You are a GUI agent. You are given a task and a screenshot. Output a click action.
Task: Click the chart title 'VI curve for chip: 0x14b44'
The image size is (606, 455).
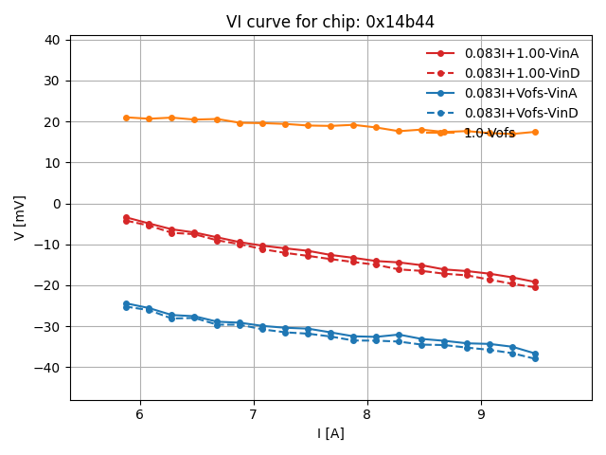point(330,22)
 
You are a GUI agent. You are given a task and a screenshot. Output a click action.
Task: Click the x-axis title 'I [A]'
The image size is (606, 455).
point(330,433)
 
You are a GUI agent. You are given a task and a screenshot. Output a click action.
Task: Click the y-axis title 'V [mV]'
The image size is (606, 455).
point(20,218)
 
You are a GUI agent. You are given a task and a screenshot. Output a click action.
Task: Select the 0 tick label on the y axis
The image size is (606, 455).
point(57,204)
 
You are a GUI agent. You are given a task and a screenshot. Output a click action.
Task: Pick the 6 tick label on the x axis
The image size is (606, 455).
point(140,414)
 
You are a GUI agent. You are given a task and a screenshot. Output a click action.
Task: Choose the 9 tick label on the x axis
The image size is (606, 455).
point(481,414)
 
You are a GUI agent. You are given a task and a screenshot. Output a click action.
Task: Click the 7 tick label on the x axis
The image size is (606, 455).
point(254,414)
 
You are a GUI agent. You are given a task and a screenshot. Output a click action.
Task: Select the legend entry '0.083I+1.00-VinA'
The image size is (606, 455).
point(521,53)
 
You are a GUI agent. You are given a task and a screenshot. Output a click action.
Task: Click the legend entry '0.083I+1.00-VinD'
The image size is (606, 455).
point(522,73)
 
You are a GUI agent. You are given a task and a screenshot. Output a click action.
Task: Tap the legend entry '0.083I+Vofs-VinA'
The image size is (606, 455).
point(521,93)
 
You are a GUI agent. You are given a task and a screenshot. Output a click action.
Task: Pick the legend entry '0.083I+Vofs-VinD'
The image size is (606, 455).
point(521,113)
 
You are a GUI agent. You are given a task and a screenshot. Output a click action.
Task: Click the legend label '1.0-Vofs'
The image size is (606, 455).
point(490,134)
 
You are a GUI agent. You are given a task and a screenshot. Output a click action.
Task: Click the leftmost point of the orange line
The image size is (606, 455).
point(126,118)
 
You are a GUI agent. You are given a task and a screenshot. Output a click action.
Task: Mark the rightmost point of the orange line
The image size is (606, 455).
point(535,132)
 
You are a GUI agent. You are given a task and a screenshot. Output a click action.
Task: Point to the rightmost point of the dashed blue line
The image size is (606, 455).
point(535,358)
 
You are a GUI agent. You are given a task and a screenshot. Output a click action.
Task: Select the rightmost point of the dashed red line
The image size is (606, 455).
point(535,286)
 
